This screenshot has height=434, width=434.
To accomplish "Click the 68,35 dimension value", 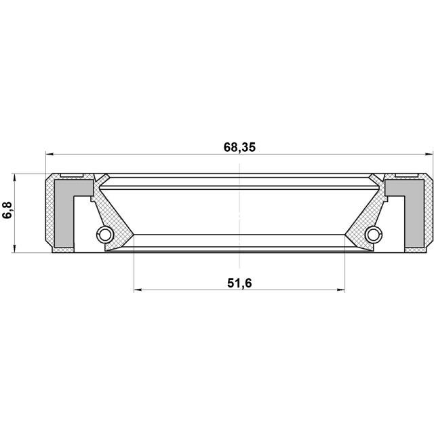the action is [239, 147].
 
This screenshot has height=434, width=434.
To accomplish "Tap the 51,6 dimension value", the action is [239, 283].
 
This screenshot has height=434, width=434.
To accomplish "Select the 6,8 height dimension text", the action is [8, 210].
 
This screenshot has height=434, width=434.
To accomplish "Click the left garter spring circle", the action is [104, 235].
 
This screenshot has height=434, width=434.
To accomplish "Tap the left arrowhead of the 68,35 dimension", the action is [50, 154].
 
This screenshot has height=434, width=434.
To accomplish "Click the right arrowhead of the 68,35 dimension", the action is [429, 154].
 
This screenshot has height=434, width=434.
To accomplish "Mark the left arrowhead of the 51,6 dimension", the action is [138, 290].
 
